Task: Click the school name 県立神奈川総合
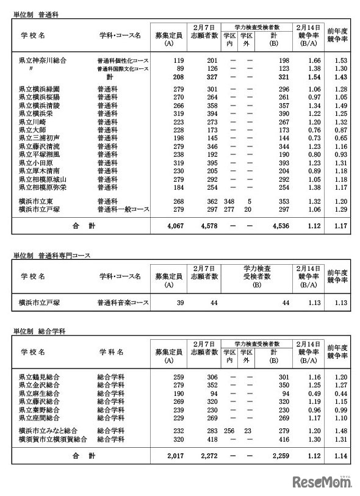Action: (x=42, y=60)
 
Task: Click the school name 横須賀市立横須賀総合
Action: (x=52, y=439)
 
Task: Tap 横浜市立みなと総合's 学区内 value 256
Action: (x=230, y=430)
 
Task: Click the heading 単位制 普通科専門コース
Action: (x=51, y=255)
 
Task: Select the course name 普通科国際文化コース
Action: (x=123, y=69)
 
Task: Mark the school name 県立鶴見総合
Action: (x=39, y=376)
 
